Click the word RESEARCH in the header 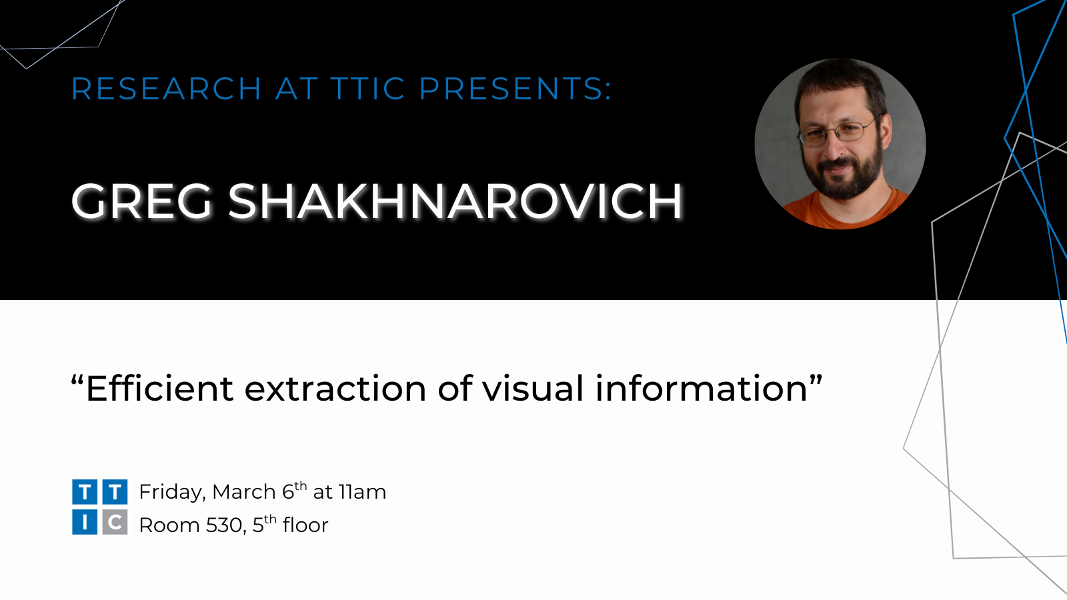coord(166,89)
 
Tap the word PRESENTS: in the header coord(515,89)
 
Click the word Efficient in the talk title coord(159,389)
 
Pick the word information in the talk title coord(701,389)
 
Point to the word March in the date coord(244,492)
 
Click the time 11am coord(363,493)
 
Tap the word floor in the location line coord(305,525)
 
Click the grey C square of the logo coord(115,522)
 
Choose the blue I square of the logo coord(85,522)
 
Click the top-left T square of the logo coord(85,492)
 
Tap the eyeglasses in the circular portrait coord(838,133)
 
